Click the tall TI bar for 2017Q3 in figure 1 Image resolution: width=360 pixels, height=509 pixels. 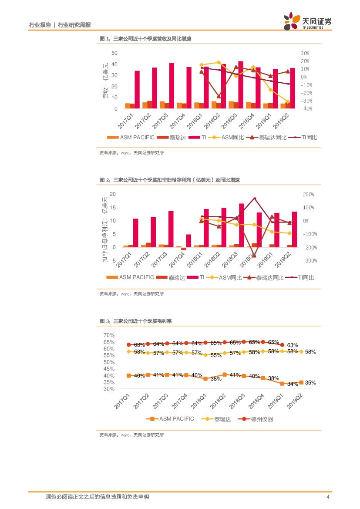pyautogui.click(x=172, y=85)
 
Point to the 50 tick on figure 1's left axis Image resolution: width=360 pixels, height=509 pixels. pyautogui.click(x=114, y=53)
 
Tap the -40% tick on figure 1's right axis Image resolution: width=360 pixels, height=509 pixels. pyautogui.click(x=306, y=109)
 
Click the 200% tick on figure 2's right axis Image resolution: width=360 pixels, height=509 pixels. pyautogui.click(x=309, y=194)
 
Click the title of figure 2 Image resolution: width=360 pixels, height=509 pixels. pyautogui.click(x=170, y=180)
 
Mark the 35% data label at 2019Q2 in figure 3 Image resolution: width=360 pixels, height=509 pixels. pyautogui.click(x=310, y=383)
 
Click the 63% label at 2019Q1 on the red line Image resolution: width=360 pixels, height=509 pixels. pyautogui.click(x=293, y=345)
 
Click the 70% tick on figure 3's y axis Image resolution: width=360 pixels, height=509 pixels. pyautogui.click(x=109, y=335)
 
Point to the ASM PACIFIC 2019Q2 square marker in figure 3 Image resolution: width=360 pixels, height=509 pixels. pyautogui.click(x=301, y=382)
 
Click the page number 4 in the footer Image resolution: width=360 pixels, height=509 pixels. pyautogui.click(x=327, y=497)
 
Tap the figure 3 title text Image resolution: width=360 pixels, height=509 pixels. pyautogui.click(x=136, y=321)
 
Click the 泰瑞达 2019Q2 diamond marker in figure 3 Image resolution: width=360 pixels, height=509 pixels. pyautogui.click(x=301, y=351)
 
